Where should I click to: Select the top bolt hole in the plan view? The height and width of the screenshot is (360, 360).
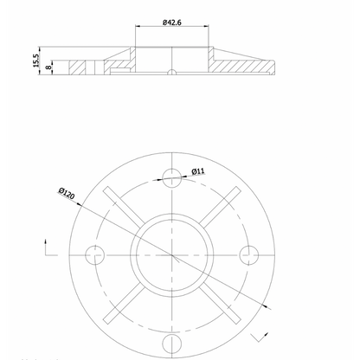click(x=171, y=179)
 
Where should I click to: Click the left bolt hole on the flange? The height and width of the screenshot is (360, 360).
click(x=94, y=254)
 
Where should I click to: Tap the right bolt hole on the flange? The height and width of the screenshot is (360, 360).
click(x=248, y=254)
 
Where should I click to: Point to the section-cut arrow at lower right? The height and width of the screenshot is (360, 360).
click(x=256, y=330)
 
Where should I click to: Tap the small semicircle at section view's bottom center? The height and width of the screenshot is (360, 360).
click(x=172, y=72)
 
